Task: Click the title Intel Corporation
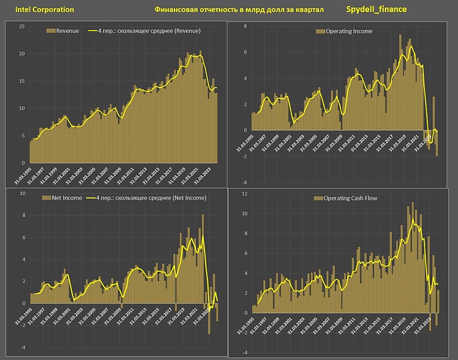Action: [41, 10]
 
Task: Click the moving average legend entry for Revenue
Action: [144, 31]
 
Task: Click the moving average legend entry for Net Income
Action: [147, 197]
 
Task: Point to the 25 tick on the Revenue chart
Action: [22, 26]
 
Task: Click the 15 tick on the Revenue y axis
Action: [22, 81]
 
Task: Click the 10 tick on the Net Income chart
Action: [22, 194]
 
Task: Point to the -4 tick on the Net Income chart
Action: [22, 347]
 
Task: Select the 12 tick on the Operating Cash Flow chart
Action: [245, 194]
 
